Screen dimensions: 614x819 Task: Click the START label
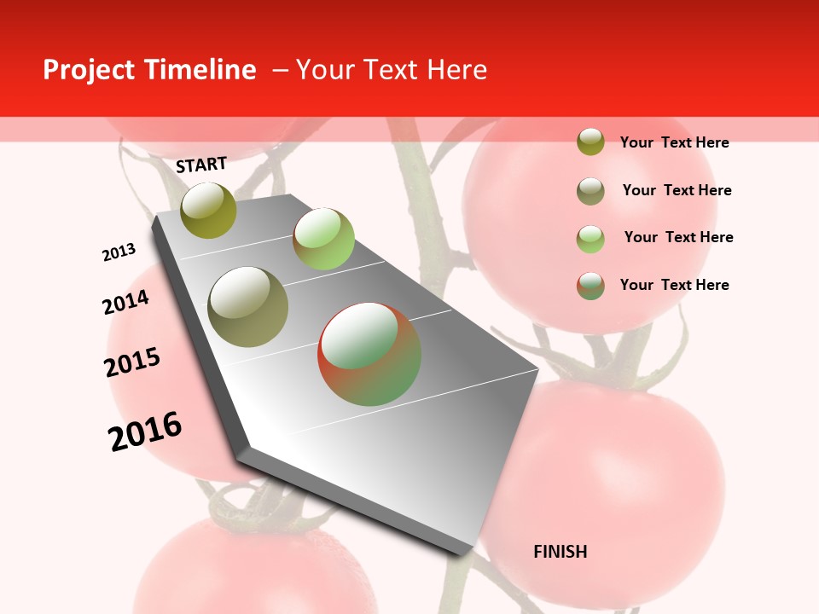tap(201, 165)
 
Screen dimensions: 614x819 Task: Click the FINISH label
tap(560, 552)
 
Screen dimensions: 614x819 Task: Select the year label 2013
tap(119, 252)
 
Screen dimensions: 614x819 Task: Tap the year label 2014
tap(125, 303)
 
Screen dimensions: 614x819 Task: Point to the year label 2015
tap(132, 362)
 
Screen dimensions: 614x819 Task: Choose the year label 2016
tap(145, 431)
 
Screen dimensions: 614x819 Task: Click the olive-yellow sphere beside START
tap(209, 210)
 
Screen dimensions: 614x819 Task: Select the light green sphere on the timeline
tap(323, 238)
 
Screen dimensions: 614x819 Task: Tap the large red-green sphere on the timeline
tap(369, 354)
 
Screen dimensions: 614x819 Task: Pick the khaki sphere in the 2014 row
tap(248, 307)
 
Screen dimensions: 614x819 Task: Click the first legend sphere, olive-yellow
tap(590, 142)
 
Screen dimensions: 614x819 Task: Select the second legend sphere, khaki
tap(590, 191)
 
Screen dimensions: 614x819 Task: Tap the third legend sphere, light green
tap(590, 239)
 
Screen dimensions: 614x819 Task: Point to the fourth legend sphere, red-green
tap(590, 286)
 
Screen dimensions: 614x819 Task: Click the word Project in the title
tap(88, 70)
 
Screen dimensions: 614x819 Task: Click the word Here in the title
tap(456, 70)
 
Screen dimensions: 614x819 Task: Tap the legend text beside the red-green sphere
tap(674, 285)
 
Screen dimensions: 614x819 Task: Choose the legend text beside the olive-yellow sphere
tap(674, 142)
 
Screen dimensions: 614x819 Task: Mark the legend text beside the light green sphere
tap(678, 237)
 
